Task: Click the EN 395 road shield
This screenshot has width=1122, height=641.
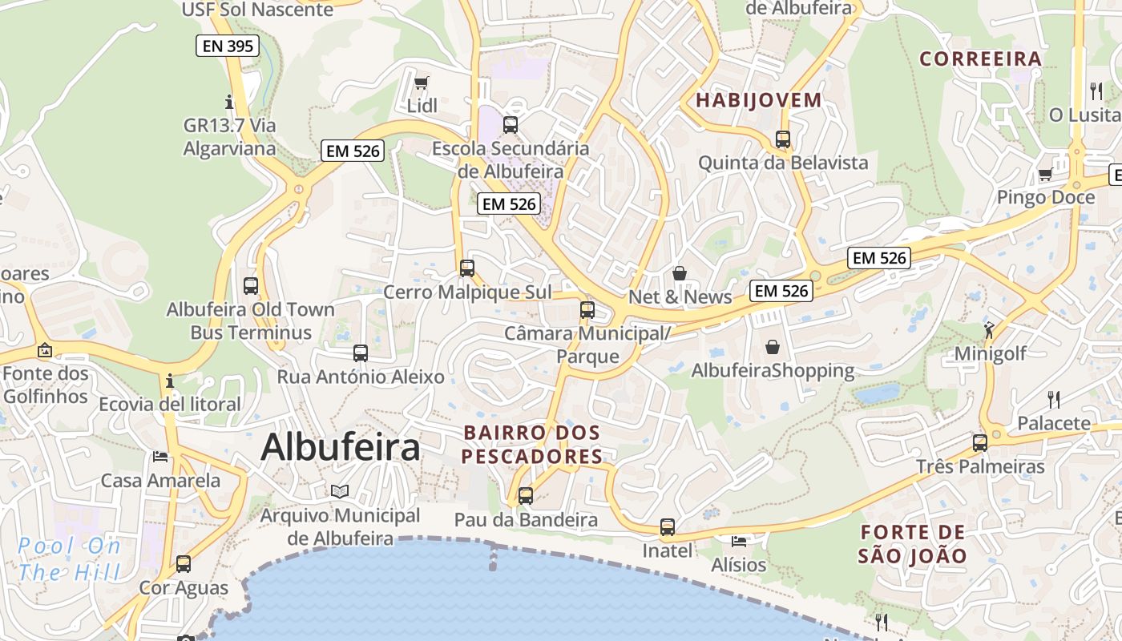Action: [x=228, y=46]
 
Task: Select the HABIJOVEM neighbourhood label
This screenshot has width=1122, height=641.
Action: [x=758, y=100]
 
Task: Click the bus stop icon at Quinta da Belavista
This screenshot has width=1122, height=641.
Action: [x=783, y=139]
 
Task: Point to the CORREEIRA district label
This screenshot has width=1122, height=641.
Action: [x=980, y=58]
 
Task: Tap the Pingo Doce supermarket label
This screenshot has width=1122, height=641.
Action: [x=1045, y=197]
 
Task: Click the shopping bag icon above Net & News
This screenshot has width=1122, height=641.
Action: [x=680, y=274]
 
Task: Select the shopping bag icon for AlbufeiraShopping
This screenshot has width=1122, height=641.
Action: [x=773, y=347]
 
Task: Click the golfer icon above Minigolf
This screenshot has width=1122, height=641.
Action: [x=990, y=330]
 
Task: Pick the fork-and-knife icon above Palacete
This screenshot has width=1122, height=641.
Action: [x=1054, y=399]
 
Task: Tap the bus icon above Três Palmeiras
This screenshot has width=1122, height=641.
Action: [x=979, y=442]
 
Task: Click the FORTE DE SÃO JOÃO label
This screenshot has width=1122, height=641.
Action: [x=913, y=543]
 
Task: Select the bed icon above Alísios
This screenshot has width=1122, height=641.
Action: [x=739, y=542]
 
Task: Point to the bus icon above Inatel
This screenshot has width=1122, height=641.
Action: [x=668, y=527]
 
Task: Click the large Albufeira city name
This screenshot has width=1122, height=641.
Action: [x=340, y=447]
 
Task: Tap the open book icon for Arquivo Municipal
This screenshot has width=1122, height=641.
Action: [x=340, y=491]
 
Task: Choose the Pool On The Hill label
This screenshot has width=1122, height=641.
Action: [x=69, y=559]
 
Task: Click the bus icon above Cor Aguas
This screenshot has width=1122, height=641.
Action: [x=184, y=564]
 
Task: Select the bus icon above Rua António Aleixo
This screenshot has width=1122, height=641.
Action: [x=361, y=353]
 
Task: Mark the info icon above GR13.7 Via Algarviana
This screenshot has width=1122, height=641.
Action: [x=229, y=102]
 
